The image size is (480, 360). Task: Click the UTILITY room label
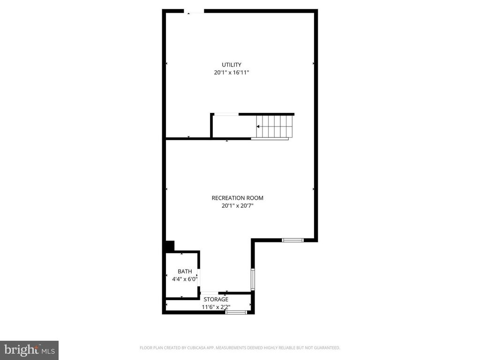coord(232,65)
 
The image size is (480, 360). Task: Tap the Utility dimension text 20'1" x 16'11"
coord(232,73)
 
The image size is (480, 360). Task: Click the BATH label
coord(185,271)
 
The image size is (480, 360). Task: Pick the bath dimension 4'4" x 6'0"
coord(185,279)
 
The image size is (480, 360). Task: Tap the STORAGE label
coord(216,299)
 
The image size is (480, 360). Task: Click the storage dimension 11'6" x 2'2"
coord(216,307)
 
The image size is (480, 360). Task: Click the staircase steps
coord(274,127)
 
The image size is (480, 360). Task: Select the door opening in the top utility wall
coord(194,11)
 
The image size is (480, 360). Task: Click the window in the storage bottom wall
coord(236,312)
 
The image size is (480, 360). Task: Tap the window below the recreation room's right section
coord(292,240)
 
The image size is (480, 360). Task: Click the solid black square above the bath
coord(169,246)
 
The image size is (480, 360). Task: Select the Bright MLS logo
coord(29,350)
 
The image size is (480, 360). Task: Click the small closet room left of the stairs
coord(225,127)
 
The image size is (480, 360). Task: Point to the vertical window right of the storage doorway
coord(253,279)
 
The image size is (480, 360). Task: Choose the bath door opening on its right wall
coord(199,275)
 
